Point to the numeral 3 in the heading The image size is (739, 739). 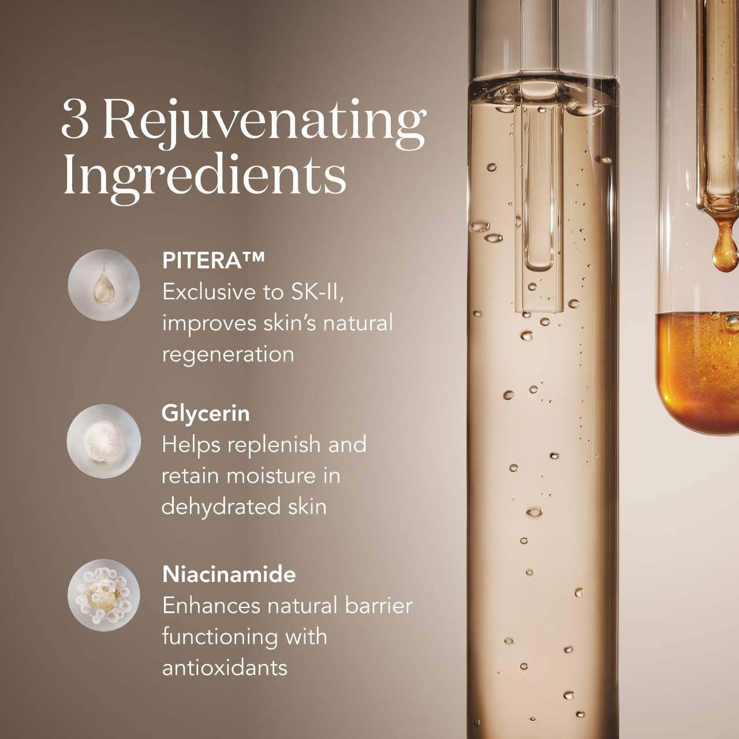(x=75, y=120)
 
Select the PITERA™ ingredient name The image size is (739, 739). (x=213, y=261)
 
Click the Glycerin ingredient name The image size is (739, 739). (x=206, y=414)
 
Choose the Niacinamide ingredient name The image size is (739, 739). (x=229, y=574)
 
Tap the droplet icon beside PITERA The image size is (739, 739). (x=103, y=285)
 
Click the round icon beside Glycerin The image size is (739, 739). (x=103, y=441)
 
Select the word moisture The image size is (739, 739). (x=271, y=476)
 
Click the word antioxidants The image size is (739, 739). (x=225, y=667)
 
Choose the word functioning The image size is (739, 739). (x=220, y=638)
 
